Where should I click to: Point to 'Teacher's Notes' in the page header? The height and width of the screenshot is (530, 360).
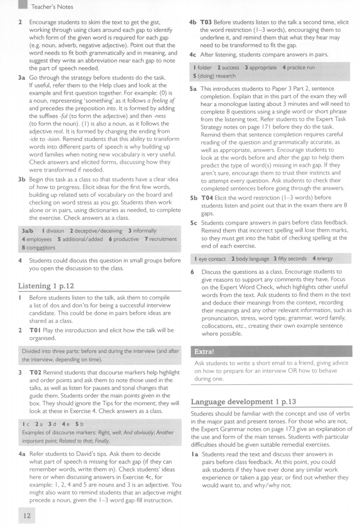pyautogui.click(x=52, y=6)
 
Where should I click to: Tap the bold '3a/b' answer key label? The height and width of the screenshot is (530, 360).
pyautogui.click(x=26, y=230)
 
